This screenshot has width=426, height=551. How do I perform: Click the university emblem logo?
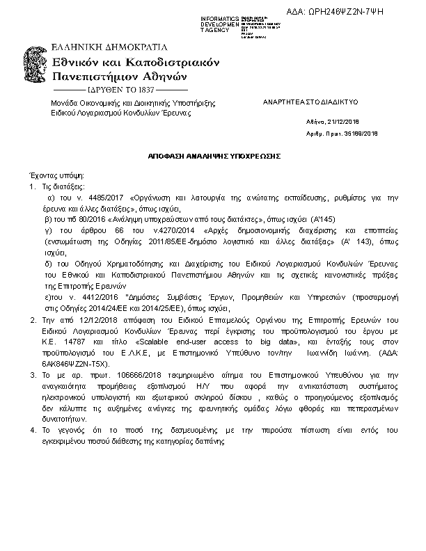point(38,68)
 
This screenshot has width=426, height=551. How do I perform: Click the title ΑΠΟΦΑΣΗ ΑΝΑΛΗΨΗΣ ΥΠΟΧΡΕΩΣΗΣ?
point(214,157)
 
